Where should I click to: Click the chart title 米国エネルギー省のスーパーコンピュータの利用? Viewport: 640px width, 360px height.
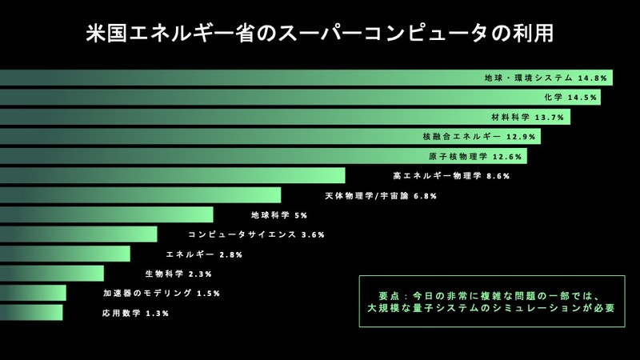point(320,35)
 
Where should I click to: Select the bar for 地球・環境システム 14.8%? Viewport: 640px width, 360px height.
point(240,78)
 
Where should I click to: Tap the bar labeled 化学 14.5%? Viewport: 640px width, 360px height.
point(240,98)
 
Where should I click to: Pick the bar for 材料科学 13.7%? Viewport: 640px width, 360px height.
point(240,117)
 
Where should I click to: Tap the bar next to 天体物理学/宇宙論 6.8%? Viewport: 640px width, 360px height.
point(140,195)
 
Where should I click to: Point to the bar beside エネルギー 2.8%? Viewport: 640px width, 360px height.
point(65,254)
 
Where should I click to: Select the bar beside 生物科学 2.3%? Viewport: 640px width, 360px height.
point(52,274)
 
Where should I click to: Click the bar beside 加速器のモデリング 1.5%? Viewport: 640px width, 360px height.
point(33,294)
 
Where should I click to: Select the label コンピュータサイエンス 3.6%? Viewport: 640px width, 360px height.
point(256,235)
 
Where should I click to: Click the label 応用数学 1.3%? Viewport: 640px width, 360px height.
point(135,314)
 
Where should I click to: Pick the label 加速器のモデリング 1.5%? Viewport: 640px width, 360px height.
point(162,294)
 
